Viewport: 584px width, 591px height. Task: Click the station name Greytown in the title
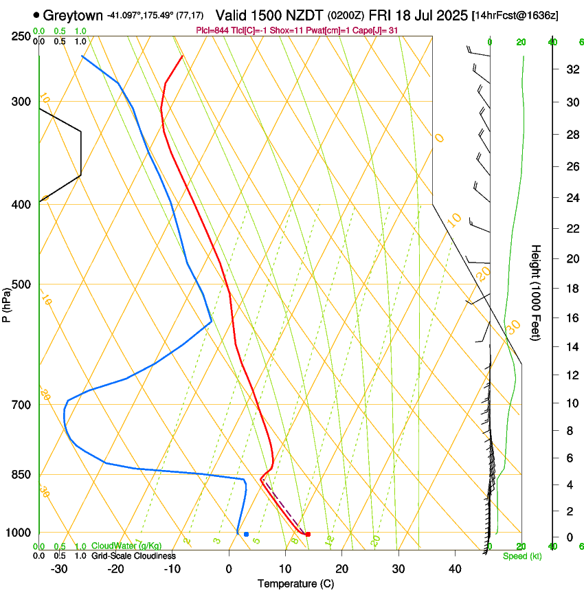[76, 14]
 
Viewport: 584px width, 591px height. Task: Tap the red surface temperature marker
[308, 534]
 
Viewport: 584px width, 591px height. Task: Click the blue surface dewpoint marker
[246, 534]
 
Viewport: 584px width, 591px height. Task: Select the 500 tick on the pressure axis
[21, 285]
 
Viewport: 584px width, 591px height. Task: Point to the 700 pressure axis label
[21, 405]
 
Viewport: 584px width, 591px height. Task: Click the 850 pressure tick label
[21, 475]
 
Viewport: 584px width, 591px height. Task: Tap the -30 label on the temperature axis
[58, 569]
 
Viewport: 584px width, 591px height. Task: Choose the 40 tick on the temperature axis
[455, 569]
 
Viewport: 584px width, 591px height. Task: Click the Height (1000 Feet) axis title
[537, 293]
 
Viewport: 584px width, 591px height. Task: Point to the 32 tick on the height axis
[571, 69]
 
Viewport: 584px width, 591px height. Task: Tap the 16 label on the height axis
[571, 318]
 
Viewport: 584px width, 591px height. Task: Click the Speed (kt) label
[520, 556]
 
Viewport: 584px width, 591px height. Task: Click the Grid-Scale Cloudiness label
[133, 556]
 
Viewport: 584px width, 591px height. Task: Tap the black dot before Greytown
[36, 14]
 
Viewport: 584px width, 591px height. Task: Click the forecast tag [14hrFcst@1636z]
[524, 14]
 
